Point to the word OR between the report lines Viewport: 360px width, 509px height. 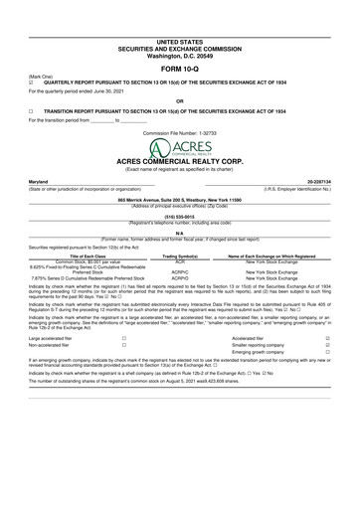pyautogui.click(x=179, y=100)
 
